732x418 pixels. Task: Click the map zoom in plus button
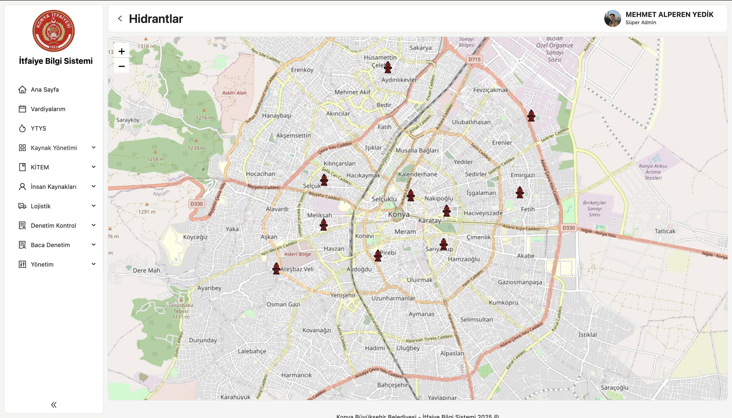point(122,51)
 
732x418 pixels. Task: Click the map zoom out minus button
point(122,66)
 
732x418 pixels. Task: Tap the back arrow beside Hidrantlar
point(120,19)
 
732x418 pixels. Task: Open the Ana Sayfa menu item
point(45,90)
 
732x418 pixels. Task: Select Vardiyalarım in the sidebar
point(48,109)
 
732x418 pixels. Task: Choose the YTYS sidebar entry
point(38,128)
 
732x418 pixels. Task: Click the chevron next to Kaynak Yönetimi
point(94,147)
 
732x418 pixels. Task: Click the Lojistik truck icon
point(22,206)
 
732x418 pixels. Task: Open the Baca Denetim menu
point(50,245)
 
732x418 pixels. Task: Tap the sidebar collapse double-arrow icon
point(54,405)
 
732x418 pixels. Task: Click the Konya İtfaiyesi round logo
point(54,31)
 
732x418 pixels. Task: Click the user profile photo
point(612,19)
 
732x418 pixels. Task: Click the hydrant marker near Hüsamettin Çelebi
point(388,67)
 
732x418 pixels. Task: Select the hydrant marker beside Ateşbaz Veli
point(276,269)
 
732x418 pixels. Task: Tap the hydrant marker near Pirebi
point(378,256)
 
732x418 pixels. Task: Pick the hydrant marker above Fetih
point(520,192)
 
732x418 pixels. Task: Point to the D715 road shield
point(474,60)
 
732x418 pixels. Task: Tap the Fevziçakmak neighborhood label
point(490,90)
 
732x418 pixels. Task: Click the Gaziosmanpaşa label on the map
point(520,282)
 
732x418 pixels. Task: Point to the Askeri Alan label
point(234,93)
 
